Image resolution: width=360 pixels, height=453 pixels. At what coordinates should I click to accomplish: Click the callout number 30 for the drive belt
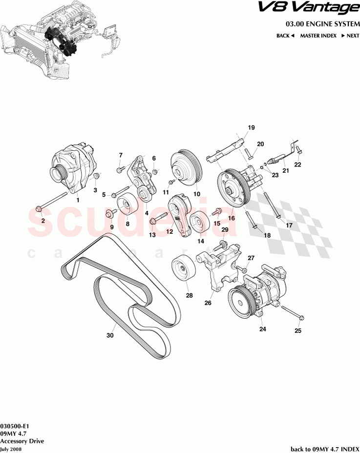point(110,335)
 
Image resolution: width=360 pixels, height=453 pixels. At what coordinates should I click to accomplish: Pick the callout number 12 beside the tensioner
point(169,232)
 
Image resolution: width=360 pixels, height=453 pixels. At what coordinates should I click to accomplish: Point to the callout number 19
point(251,127)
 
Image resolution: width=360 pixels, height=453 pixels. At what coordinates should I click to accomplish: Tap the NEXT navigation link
point(350,36)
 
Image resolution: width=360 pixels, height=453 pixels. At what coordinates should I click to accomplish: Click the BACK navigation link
point(285,36)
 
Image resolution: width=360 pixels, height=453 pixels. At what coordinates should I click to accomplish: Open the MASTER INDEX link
point(318,36)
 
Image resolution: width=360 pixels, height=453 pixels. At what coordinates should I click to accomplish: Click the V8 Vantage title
point(320,8)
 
